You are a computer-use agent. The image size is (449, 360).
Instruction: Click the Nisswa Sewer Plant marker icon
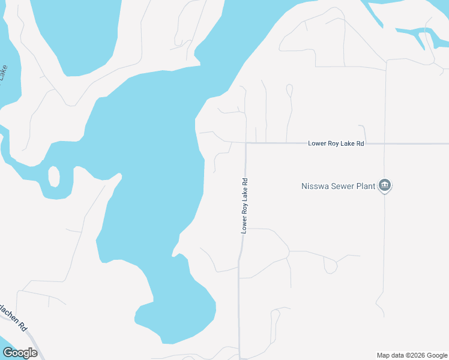point(385,185)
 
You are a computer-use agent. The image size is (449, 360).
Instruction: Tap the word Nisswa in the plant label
point(314,186)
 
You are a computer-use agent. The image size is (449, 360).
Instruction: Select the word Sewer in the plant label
point(342,186)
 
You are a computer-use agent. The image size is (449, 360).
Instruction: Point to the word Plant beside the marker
point(365,186)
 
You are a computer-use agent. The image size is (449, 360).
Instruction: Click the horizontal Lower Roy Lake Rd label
point(336,144)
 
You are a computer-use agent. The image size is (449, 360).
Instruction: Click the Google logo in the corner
point(20,353)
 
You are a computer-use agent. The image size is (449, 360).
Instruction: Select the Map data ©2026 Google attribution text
point(412,355)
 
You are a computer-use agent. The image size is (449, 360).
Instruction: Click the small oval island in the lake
point(53,177)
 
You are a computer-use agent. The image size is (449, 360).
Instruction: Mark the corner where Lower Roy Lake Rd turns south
point(246,143)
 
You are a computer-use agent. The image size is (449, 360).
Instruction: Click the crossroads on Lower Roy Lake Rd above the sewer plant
point(385,144)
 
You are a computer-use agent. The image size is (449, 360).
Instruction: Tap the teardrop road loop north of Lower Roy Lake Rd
point(289,90)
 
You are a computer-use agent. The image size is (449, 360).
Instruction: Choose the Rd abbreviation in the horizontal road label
point(360,144)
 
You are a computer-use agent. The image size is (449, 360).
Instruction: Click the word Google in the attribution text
point(435,355)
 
